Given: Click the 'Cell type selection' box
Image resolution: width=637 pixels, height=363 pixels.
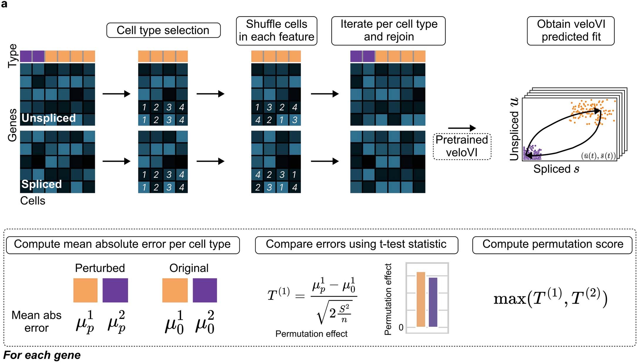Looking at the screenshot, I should [163, 30].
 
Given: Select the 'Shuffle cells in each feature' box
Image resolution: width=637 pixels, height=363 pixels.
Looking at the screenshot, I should [276, 31].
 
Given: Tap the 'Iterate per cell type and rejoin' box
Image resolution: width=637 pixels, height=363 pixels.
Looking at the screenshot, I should [388, 31].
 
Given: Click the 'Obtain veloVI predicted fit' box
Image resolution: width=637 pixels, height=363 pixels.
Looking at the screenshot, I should [571, 31].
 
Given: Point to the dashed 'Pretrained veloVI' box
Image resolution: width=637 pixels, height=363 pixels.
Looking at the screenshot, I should [462, 146].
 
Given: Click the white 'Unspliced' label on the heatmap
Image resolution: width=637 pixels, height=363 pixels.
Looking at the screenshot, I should [48, 118].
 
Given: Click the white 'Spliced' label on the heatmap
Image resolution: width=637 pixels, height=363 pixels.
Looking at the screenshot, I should [41, 184].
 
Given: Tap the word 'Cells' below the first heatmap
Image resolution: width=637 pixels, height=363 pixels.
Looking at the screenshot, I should [33, 201].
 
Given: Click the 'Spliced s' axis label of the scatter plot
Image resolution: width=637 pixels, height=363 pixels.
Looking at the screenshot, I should [556, 169].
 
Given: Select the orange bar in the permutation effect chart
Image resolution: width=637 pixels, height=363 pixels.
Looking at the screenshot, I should [421, 299].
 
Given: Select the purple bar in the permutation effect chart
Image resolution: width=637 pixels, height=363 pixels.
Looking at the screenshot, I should [433, 302].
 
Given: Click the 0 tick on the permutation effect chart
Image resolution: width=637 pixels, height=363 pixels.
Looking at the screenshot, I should [401, 327].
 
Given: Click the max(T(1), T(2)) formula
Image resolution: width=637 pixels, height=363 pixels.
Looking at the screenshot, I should [550, 298].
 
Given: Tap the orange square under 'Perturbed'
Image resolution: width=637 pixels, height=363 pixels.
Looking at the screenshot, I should [85, 290].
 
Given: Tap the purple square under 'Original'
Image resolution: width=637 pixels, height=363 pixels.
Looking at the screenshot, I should [205, 290].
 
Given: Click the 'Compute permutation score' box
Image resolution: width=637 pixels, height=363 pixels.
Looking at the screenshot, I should [552, 244].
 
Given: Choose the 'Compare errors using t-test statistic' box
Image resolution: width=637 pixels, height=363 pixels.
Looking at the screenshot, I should [356, 244].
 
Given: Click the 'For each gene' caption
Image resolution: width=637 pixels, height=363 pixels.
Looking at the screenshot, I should [42, 355].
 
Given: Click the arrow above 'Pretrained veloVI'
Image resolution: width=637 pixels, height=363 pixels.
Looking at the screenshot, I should [462, 128].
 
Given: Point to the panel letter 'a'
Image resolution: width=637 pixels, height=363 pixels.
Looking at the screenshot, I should [4, 4].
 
